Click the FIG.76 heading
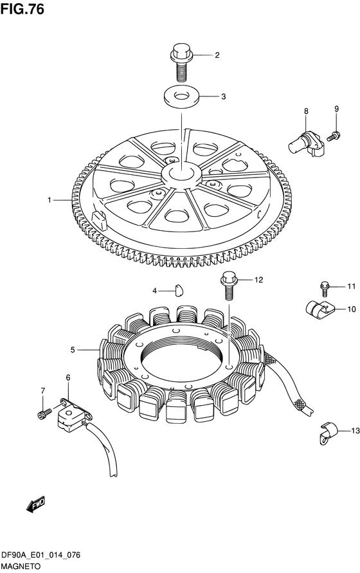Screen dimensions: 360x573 tap(22, 9)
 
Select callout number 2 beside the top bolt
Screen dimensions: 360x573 tap(217, 55)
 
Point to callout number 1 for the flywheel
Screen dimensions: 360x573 tap(50, 200)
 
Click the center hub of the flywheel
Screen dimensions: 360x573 tap(182, 175)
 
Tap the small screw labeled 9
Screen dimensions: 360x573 tap(334, 136)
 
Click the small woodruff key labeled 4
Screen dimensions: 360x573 tap(179, 290)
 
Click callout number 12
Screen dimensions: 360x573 tap(258, 280)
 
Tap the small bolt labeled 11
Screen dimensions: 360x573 tap(325, 289)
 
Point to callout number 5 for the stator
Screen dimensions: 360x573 tap(73, 350)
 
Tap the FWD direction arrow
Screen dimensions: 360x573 tap(36, 504)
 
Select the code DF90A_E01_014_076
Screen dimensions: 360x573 tap(41, 556)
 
